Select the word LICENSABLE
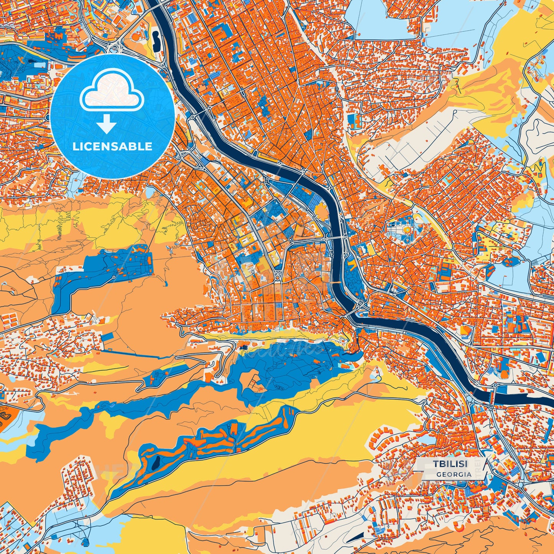pyautogui.click(x=112, y=146)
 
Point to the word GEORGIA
pyautogui.click(x=454, y=474)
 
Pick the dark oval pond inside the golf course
pyautogui.click(x=156, y=464)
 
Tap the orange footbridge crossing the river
pyautogui.click(x=335, y=282)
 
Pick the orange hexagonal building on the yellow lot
pyautogui.click(x=466, y=330)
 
